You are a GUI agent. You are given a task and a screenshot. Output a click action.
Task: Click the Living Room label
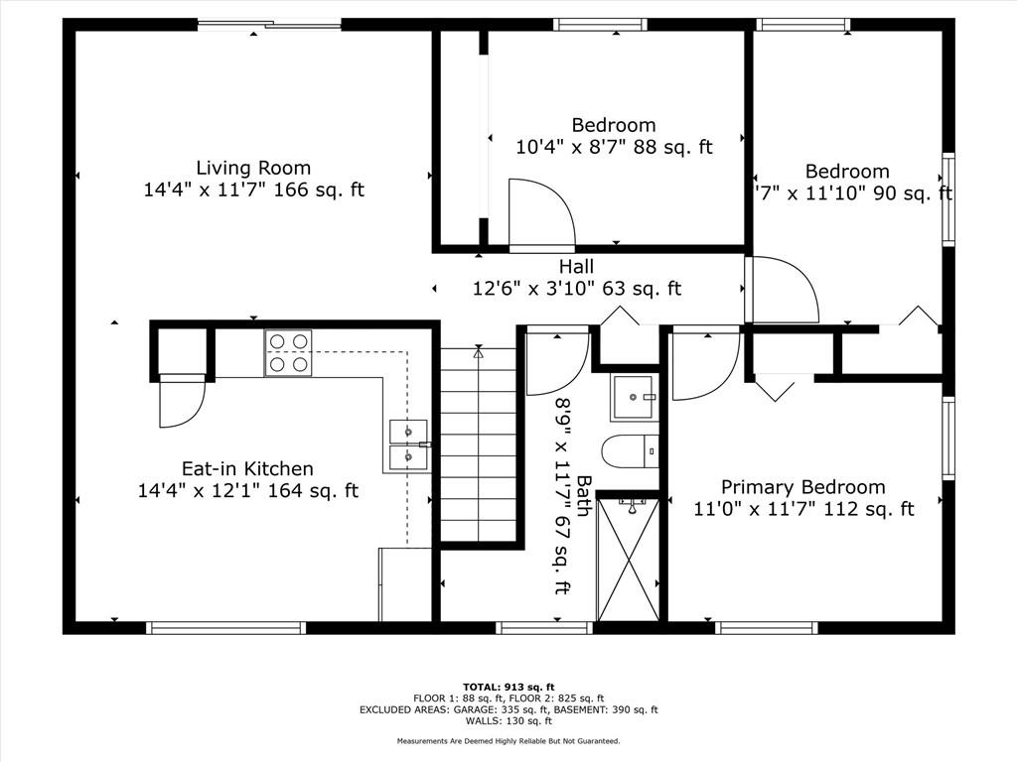253,168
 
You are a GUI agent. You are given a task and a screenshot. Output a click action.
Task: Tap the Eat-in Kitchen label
247,468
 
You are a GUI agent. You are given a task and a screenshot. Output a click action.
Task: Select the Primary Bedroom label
802,487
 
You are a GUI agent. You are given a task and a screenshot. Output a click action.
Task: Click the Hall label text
576,267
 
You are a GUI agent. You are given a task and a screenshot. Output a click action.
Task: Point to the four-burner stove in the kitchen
288,353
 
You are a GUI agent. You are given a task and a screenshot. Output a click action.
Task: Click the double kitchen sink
408,444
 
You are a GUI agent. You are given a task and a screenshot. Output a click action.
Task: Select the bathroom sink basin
635,398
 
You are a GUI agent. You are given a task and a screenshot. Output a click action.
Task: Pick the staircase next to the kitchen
479,446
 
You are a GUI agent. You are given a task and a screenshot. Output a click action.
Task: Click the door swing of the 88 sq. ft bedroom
541,213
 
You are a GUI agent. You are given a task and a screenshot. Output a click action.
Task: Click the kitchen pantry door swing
181,402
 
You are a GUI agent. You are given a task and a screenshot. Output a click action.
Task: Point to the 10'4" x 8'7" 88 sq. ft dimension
614,148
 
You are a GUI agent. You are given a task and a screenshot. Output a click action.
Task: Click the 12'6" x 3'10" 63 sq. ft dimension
576,290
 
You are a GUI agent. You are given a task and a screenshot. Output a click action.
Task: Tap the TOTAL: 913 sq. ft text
508,687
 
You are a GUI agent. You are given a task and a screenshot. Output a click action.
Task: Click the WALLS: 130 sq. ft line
508,721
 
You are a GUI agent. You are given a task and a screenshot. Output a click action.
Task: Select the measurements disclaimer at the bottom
508,741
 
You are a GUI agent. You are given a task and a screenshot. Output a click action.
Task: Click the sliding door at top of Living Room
269,25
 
